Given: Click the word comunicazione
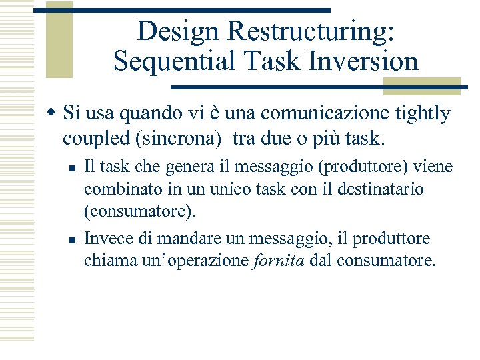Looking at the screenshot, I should pyautogui.click(x=312, y=113).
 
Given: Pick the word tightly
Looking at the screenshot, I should pyautogui.click(x=423, y=113).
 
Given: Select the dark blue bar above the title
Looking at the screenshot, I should pyautogui.click(x=181, y=10).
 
